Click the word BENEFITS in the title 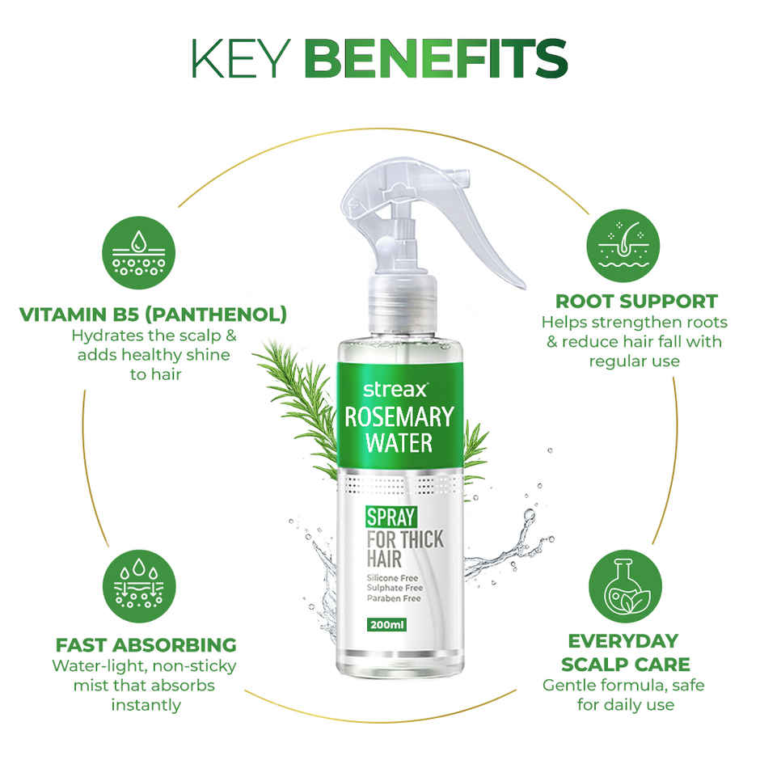[x=437, y=58]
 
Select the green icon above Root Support [x=622, y=240]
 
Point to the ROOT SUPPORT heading [x=622, y=302]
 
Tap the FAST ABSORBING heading [x=146, y=644]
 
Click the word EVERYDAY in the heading [x=622, y=640]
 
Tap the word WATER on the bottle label [x=399, y=443]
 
